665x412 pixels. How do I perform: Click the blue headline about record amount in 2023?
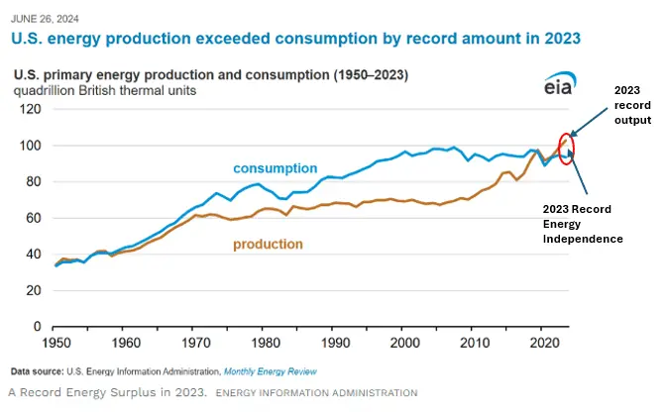[294, 37]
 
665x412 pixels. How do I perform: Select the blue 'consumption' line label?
[276, 168]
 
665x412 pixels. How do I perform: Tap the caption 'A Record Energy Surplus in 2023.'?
[106, 393]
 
